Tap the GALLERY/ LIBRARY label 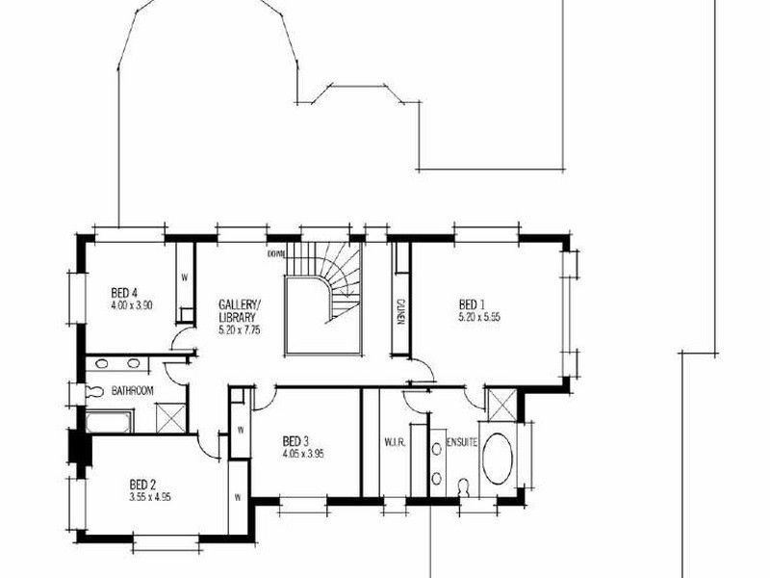coord(240,311)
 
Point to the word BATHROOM coord(133,390)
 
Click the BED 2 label coord(144,485)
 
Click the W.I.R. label coord(393,443)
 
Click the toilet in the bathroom coord(94,391)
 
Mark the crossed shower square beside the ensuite coord(500,404)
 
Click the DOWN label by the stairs coord(277,254)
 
